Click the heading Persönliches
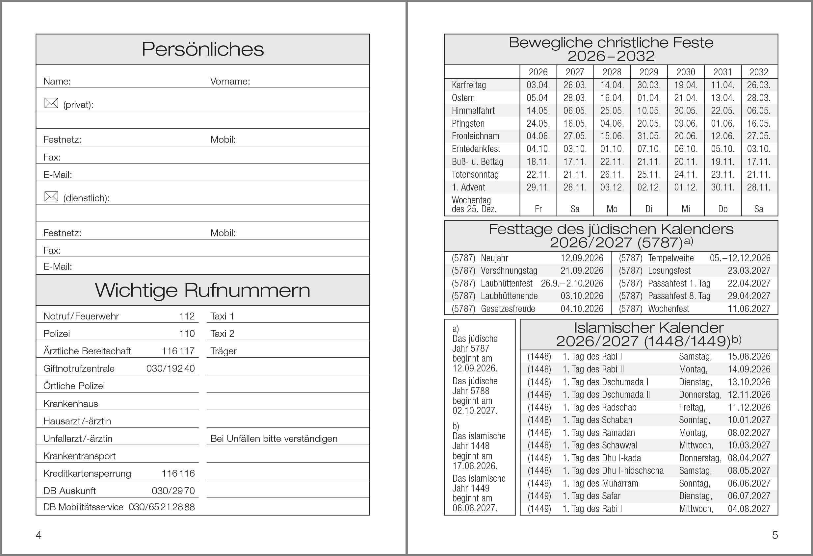tap(202, 49)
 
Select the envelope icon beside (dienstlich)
tap(51, 196)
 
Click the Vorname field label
tap(230, 82)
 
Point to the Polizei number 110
tap(187, 334)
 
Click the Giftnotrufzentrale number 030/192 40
tap(170, 368)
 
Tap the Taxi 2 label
tap(222, 334)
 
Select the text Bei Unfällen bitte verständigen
tap(274, 439)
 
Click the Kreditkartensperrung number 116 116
tap(178, 473)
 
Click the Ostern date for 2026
tap(538, 98)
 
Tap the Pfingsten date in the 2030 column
tap(686, 123)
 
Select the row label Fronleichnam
tap(475, 136)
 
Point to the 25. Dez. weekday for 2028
tap(612, 209)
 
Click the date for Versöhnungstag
tap(582, 271)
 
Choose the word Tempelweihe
tap(670, 258)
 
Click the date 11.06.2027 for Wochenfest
tap(749, 309)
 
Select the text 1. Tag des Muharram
tap(600, 483)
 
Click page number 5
tap(775, 535)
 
